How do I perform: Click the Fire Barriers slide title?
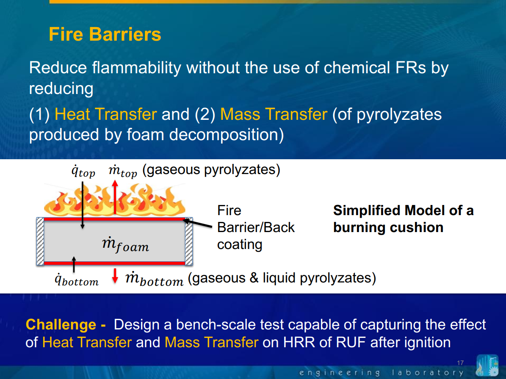tap(105, 34)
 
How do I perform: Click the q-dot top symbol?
tap(83, 172)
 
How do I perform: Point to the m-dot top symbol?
tap(123, 172)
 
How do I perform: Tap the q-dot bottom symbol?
tap(77, 280)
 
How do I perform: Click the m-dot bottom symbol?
tap(154, 279)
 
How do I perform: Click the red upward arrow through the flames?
tap(114, 197)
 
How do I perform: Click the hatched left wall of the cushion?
tap(40, 241)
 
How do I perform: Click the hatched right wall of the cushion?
tap(189, 241)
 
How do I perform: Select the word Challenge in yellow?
tap(61, 325)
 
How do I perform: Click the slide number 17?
tap(460, 363)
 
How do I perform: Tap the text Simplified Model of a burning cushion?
tap(403, 219)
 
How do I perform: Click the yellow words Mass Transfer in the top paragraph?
tap(274, 114)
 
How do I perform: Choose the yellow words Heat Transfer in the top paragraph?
tap(105, 114)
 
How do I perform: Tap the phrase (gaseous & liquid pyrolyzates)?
tap(282, 278)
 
